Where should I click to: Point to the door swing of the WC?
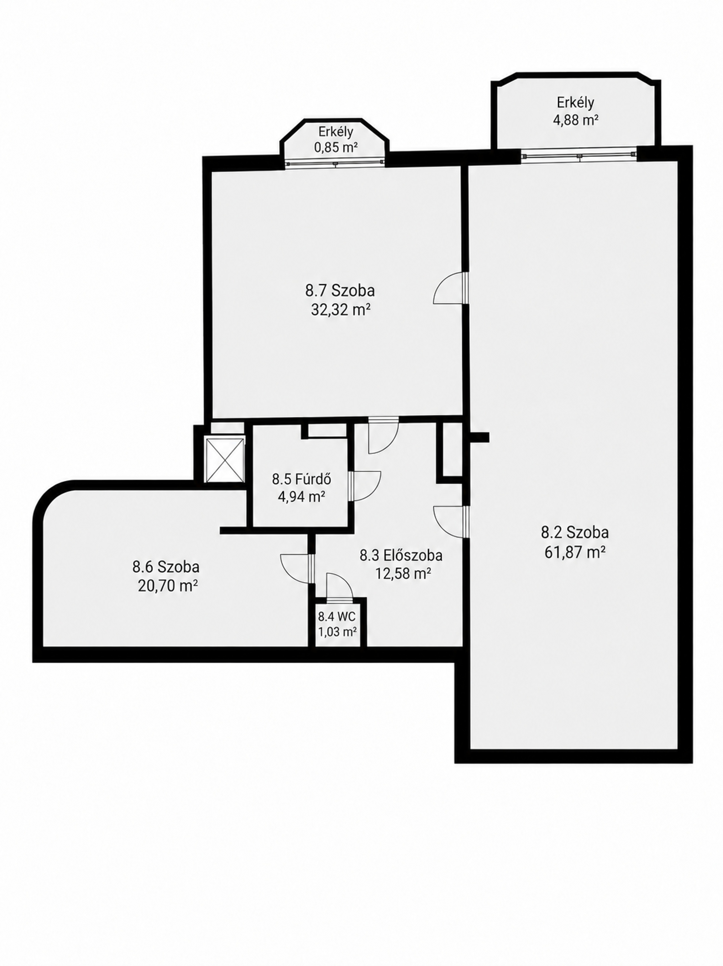339,585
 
